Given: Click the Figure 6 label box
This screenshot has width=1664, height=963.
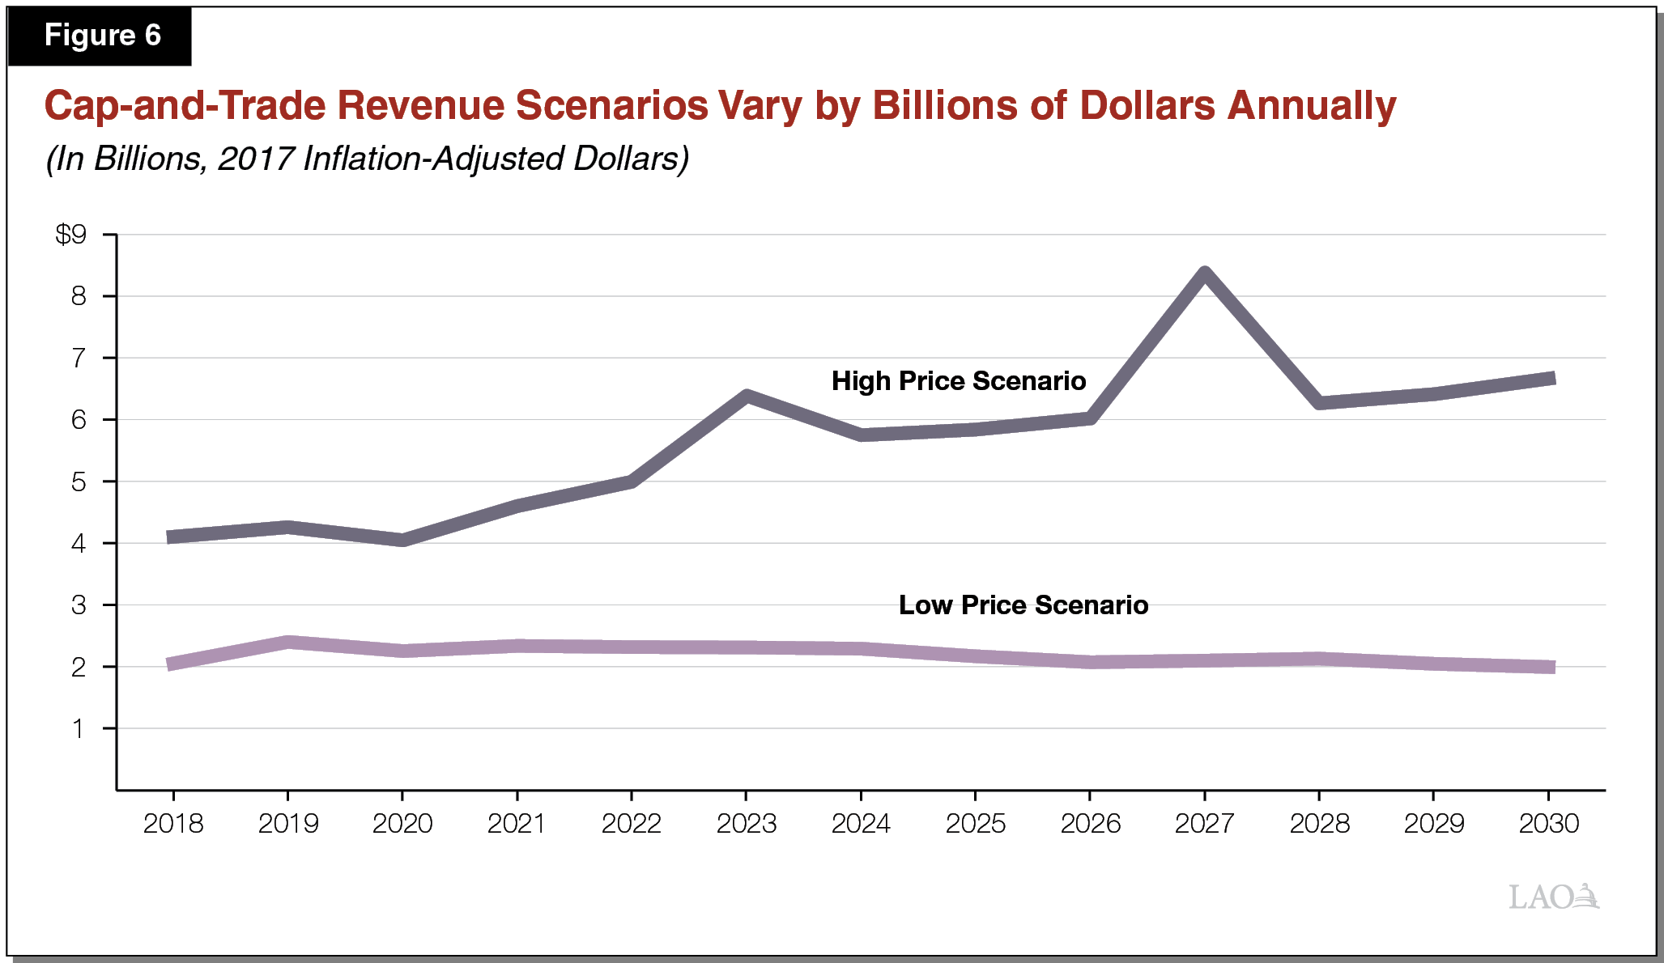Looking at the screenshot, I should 101,36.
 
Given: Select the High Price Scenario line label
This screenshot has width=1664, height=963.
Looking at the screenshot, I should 958,381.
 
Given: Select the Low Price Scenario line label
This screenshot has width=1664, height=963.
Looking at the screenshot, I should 1023,605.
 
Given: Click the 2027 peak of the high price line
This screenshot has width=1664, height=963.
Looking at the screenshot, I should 1205,274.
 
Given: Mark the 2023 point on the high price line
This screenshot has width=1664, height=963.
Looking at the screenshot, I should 747,396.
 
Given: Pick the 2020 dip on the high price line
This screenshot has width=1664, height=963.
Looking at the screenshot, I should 403,540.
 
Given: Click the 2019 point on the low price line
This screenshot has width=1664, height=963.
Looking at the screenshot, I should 288,643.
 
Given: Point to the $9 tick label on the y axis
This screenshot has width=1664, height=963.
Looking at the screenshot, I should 71,235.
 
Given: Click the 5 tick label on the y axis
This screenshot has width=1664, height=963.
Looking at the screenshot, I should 79,482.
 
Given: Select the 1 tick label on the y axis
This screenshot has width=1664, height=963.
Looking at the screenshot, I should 79,729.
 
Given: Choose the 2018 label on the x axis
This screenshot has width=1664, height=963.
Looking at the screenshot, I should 173,824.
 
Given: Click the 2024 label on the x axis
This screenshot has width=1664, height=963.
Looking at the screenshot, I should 861,824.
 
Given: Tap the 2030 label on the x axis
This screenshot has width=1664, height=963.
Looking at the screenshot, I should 1548,824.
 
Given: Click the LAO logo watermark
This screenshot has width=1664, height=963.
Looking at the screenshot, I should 1553,897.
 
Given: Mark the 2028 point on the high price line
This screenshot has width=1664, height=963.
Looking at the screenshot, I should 1320,402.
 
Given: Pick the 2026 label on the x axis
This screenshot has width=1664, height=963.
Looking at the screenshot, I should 1090,824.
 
